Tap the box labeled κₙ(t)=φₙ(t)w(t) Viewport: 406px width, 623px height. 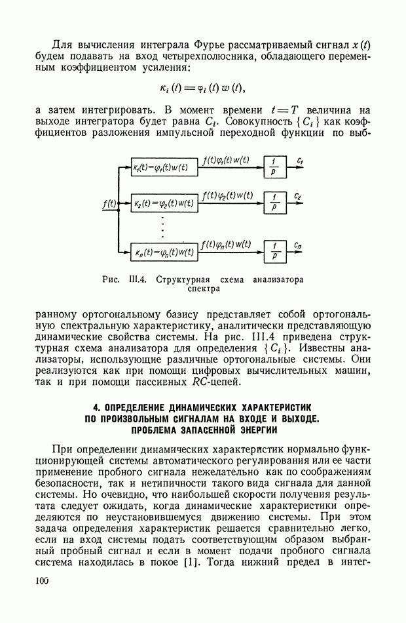(164, 251)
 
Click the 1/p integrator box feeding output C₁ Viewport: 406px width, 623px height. (275, 167)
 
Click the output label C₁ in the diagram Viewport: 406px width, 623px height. (300, 160)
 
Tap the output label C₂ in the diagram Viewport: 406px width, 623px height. (298, 195)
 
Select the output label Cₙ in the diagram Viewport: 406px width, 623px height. (299, 245)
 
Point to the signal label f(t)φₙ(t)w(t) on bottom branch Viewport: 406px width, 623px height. (227, 244)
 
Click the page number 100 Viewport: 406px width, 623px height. (43, 580)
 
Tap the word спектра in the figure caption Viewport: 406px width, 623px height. (203, 288)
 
